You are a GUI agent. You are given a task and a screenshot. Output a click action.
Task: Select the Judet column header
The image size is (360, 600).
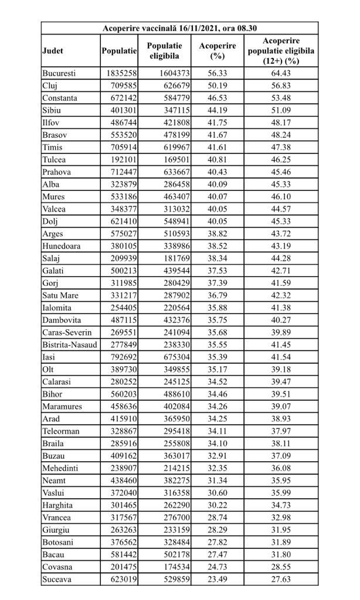point(53,51)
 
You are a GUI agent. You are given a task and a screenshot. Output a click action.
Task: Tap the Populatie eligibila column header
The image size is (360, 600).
point(164,51)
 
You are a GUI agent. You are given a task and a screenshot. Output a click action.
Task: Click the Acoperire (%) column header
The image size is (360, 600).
point(217,51)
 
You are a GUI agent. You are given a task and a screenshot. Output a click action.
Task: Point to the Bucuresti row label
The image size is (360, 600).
point(60,73)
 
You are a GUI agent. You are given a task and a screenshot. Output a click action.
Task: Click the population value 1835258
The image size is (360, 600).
point(121,73)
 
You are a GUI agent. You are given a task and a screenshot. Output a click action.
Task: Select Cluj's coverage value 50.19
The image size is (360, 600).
point(217,86)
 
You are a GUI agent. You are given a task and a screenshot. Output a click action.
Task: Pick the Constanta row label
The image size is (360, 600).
point(60,98)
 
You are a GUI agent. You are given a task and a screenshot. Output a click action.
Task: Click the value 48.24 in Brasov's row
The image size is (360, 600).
point(281,135)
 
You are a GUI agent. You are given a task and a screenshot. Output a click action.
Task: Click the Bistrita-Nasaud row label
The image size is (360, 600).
point(69,345)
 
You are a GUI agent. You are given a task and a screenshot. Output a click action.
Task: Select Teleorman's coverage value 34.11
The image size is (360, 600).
point(217,431)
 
